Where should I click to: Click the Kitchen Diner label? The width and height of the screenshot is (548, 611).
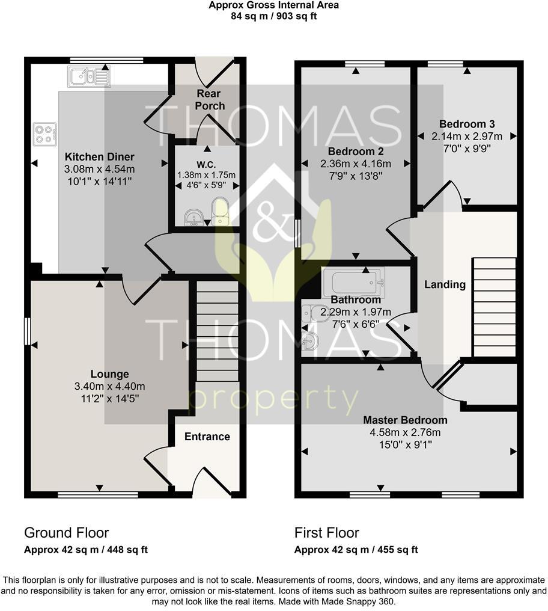click(100, 158)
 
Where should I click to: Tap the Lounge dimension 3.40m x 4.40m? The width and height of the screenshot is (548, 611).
click(110, 386)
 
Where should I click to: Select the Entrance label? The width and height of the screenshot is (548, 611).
click(207, 437)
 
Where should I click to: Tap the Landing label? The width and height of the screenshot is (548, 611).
click(445, 284)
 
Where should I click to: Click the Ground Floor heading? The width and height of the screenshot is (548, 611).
click(66, 532)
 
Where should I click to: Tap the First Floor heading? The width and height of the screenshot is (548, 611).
click(326, 532)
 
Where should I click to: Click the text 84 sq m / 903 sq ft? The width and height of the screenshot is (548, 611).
click(273, 16)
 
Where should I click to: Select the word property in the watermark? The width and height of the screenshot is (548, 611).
click(273, 400)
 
